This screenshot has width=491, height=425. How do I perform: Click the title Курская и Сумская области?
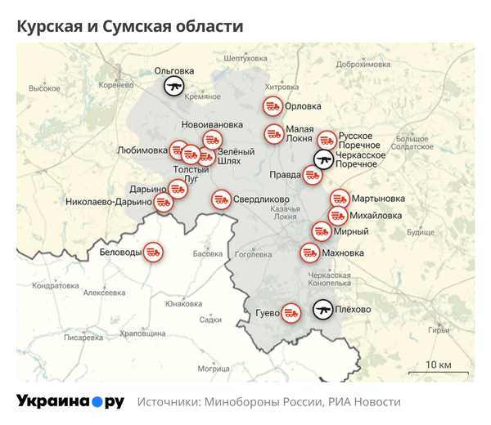coord(130,26)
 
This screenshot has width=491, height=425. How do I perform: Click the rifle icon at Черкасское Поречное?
coord(324,159)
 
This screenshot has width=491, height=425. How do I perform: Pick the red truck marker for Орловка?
coord(273,105)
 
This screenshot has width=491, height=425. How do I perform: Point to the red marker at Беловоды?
coord(152,253)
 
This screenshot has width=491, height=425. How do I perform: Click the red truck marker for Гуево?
coord(291,312)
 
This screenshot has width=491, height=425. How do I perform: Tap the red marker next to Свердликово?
coord(221,199)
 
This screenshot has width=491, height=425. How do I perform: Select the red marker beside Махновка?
coord(310,253)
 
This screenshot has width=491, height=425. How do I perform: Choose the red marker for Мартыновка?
coord(340,199)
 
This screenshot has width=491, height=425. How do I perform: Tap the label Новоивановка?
coord(213,124)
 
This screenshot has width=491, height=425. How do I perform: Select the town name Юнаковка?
coord(183,304)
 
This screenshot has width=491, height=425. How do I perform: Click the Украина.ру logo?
coord(70,401)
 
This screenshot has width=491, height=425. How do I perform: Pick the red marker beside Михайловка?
coord(338,216)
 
